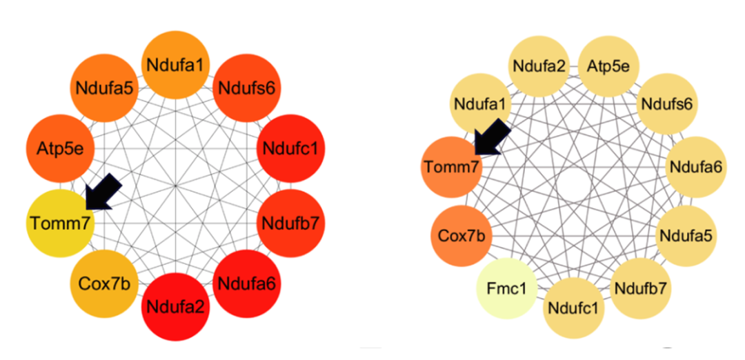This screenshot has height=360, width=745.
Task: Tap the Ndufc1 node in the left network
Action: [x=290, y=148]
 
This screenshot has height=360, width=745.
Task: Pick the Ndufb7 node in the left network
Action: [x=290, y=223]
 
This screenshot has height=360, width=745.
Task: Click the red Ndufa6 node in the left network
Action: [x=246, y=282]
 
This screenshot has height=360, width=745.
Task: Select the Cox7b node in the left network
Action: [x=103, y=283]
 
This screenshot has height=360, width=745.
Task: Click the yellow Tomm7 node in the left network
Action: [x=59, y=223]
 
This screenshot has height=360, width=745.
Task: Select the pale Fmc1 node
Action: [x=507, y=288]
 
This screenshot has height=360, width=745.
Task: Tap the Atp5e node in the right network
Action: [x=607, y=66]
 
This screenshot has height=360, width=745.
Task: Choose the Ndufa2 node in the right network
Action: [x=539, y=66]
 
